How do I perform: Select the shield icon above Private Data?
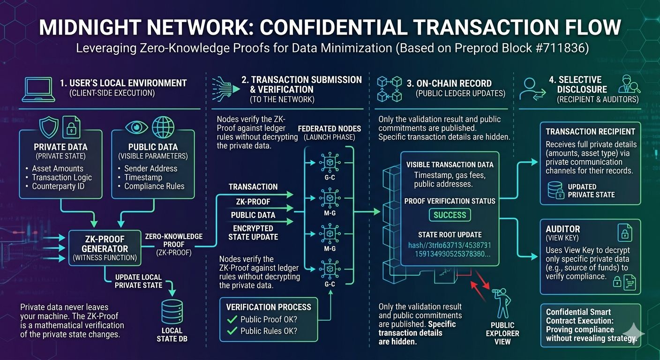pyautogui.click(x=49, y=127)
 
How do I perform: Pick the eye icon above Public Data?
pyautogui.click(x=136, y=127)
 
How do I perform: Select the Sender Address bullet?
pyautogui.click(x=150, y=168)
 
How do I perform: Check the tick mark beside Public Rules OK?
pyautogui.click(x=232, y=331)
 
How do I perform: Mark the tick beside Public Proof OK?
pyautogui.click(x=232, y=319)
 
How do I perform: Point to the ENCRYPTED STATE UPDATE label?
pyautogui.click(x=253, y=232)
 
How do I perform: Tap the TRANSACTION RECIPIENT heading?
pyautogui.click(x=590, y=132)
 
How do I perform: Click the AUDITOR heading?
pyautogui.click(x=562, y=229)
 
